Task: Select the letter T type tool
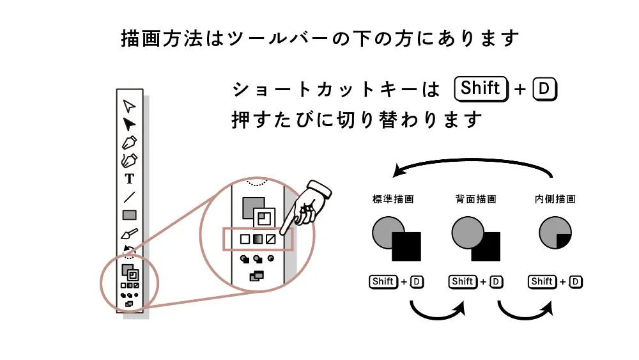click(130, 179)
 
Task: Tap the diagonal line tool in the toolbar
click(130, 197)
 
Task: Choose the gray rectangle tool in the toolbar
click(130, 215)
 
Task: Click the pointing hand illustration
click(310, 201)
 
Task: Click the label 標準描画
click(393, 200)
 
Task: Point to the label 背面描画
click(473, 200)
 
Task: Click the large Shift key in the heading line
click(479, 89)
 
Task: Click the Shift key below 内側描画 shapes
click(541, 281)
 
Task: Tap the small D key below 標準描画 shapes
click(417, 281)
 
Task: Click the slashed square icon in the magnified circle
click(270, 239)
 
